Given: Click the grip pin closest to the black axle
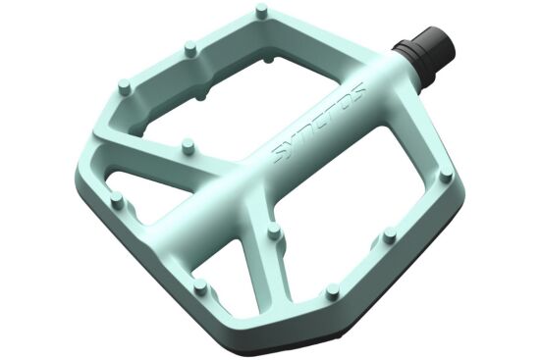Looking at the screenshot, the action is (x=447, y=176).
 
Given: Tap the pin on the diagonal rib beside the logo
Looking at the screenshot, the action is (x=189, y=146).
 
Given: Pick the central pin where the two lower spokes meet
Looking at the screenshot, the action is (x=275, y=232).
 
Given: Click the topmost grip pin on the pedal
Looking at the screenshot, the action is (x=263, y=11).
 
